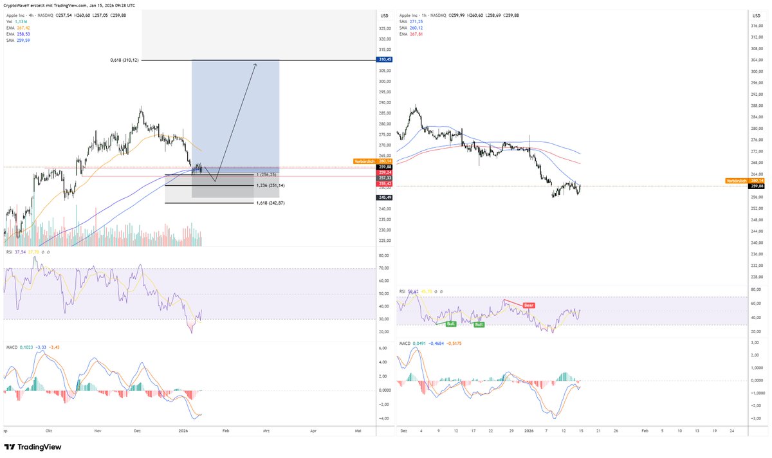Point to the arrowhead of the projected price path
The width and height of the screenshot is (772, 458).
(256, 64)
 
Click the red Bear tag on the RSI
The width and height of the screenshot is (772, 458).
(528, 305)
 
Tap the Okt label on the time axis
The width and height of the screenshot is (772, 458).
(49, 431)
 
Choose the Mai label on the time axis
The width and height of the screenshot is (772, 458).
(358, 431)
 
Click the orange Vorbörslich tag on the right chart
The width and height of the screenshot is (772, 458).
(736, 181)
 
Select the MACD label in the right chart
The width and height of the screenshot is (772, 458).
(405, 343)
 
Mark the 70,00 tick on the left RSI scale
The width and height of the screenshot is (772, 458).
(385, 268)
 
